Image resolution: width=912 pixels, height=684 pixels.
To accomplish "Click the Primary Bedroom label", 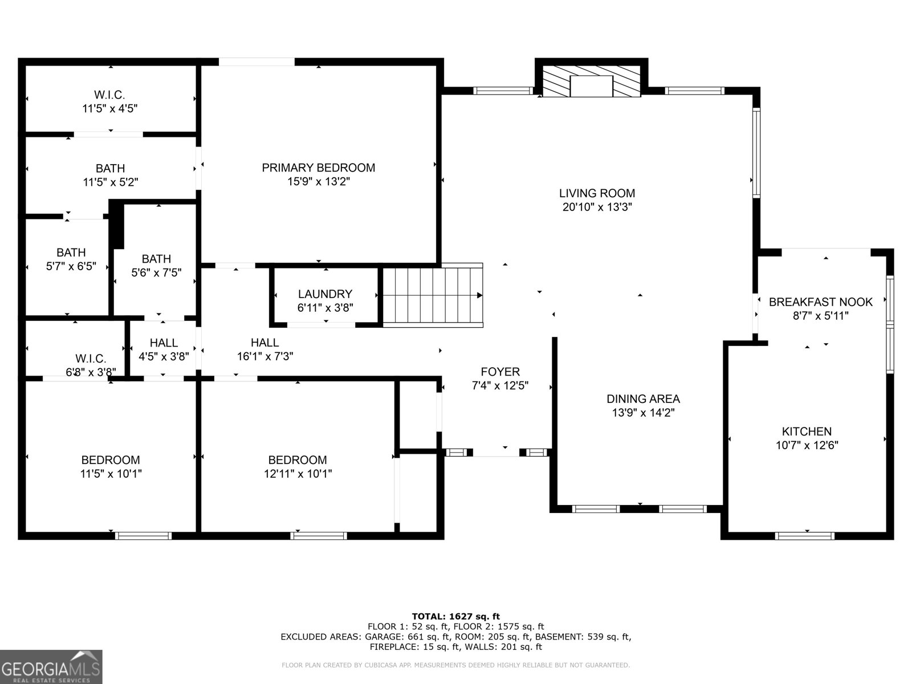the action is pos(318,168).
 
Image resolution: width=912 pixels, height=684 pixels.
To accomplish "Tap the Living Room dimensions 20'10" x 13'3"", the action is pos(597,207).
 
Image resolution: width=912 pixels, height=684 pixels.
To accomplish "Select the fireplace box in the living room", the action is pos(591,87).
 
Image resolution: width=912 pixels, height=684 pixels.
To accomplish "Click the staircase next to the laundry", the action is pos(433,295).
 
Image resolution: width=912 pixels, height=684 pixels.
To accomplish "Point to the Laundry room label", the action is pos(325,294).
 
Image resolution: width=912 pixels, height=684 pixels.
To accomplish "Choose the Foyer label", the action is pos(500,372).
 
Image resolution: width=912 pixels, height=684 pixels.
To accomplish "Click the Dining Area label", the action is pos(643,399).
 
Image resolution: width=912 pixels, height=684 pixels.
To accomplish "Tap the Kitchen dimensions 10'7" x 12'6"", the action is pos(807,445).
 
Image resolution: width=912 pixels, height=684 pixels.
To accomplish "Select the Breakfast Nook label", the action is pos(821,302).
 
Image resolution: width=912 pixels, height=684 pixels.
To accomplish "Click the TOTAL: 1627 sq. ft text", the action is pos(456,616).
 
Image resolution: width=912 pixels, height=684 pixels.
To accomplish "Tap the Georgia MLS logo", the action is pos(51,666).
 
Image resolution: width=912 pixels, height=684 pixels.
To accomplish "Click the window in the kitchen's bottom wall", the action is pos(804,536).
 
